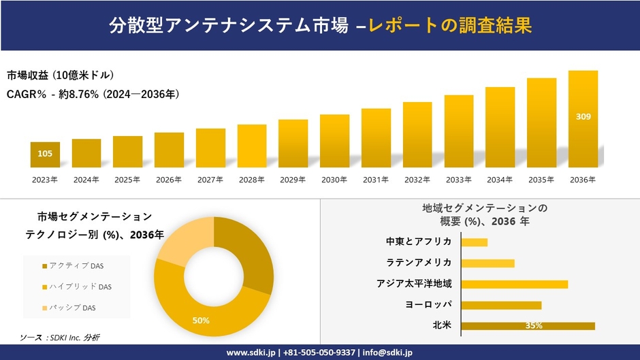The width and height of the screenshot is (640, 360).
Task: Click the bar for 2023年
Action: click(45, 154)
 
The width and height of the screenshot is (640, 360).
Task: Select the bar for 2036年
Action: click(583, 119)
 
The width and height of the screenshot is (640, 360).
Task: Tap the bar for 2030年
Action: click(334, 141)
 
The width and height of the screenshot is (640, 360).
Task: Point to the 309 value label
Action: click(583, 117)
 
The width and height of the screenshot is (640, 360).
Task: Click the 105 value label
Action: click(45, 154)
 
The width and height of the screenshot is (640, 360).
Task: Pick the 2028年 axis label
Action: click(251, 180)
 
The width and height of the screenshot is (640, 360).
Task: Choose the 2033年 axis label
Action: click(458, 180)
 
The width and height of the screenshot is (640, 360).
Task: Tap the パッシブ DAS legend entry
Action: click(71, 308)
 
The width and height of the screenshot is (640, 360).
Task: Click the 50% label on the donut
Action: click(201, 321)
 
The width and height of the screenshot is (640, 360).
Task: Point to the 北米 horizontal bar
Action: click(528, 326)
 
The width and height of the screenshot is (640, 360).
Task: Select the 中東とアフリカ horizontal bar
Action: click(474, 242)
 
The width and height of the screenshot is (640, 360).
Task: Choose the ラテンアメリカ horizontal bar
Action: click(487, 263)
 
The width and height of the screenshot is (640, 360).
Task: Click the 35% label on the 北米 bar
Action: click(534, 326)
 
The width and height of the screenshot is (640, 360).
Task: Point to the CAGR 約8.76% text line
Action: click(93, 95)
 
